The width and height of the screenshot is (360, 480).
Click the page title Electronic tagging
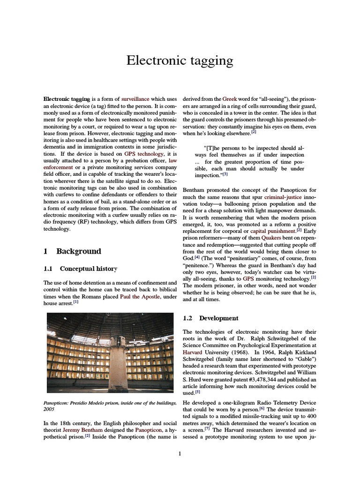coord(180,61)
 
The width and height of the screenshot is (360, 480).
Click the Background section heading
coord(78,251)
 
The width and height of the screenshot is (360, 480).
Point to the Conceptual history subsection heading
coord(88,269)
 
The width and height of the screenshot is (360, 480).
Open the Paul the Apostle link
coord(141,297)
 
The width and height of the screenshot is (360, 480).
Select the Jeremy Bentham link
coord(76,430)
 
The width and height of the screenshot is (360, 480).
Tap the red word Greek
coord(229,99)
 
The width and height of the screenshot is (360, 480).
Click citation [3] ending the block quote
coord(225,175)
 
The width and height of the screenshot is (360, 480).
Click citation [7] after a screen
coord(207,429)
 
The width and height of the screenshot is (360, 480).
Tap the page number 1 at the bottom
coord(180,454)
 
